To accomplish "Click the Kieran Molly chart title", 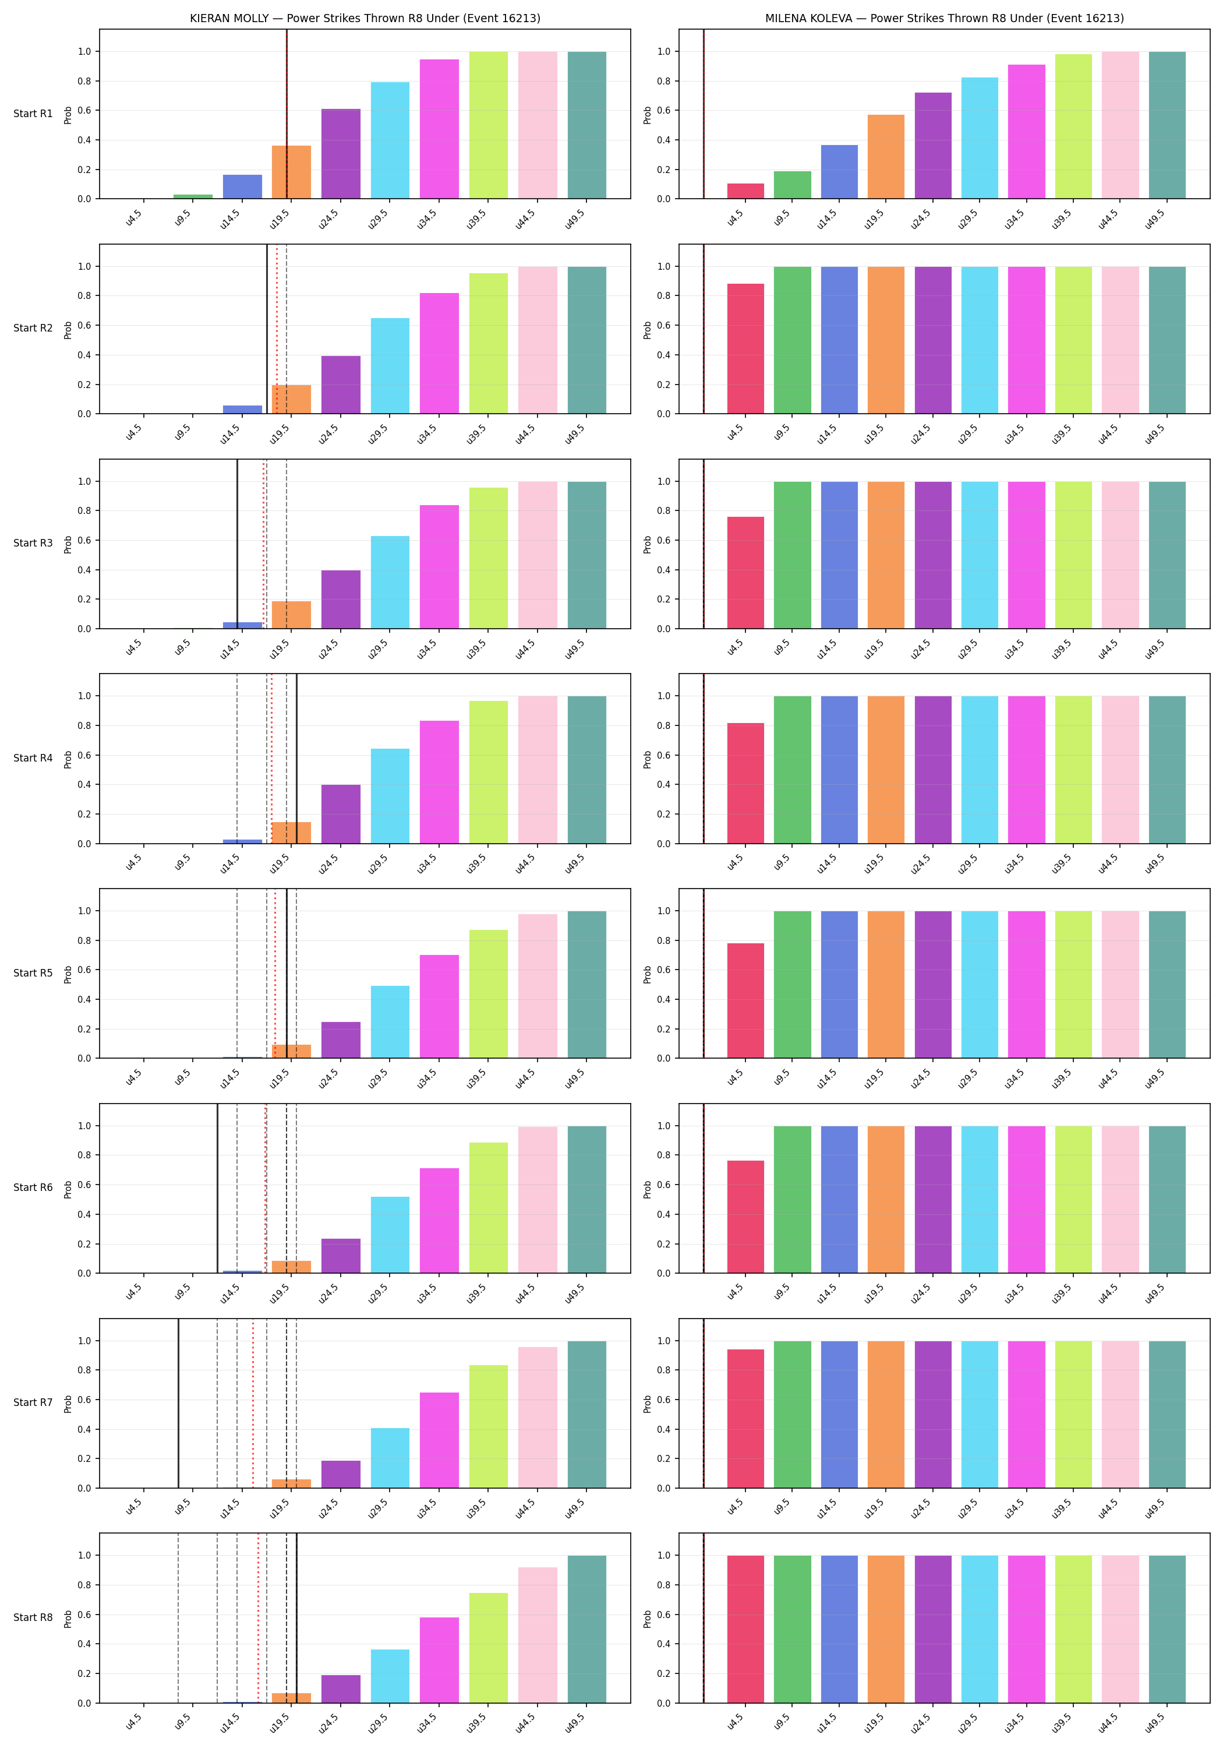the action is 365,18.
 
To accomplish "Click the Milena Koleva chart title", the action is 945,18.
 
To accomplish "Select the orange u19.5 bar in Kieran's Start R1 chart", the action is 291,172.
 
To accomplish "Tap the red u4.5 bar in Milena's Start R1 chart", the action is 746,191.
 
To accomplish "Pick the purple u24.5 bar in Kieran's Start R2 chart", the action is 341,385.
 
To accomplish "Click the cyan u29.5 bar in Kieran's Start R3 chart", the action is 390,583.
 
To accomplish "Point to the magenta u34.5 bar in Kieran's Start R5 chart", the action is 439,1006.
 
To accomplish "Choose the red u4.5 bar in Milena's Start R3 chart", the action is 746,573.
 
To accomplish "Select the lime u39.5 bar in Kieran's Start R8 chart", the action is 489,1648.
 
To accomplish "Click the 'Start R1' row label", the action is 33,114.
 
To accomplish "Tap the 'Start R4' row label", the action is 33,758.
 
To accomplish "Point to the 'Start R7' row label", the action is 33,1402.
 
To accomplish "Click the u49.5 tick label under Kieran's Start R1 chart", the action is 575,218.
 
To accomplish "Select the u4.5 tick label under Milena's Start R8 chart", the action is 734,1722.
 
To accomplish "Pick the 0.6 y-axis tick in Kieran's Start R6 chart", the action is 84,1185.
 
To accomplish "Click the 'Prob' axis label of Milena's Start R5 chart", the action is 648,974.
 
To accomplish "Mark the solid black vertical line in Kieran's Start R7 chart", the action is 178,1403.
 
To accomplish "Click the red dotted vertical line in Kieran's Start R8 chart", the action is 258,1618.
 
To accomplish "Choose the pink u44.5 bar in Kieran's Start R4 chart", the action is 538,770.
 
